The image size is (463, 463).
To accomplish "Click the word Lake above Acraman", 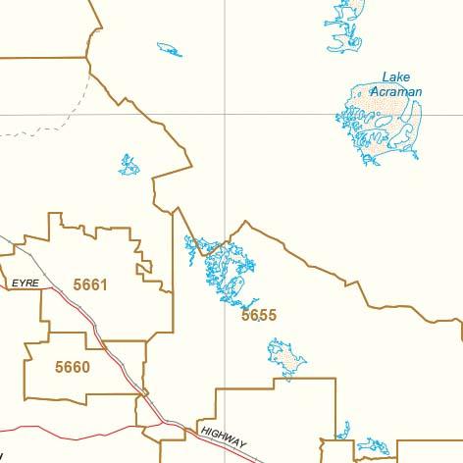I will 396,77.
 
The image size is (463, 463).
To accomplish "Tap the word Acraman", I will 401,92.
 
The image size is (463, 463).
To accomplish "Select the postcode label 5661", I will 89,285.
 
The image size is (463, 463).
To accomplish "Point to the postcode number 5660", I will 73,368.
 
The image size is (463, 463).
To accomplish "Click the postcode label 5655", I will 259,316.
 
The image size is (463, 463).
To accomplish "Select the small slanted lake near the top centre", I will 169,49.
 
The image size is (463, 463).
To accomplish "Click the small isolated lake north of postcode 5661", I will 129,165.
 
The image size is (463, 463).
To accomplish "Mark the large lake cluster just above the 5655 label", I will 226,265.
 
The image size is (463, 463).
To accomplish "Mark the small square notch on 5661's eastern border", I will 144,266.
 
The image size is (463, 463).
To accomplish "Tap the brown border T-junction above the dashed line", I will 87,57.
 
